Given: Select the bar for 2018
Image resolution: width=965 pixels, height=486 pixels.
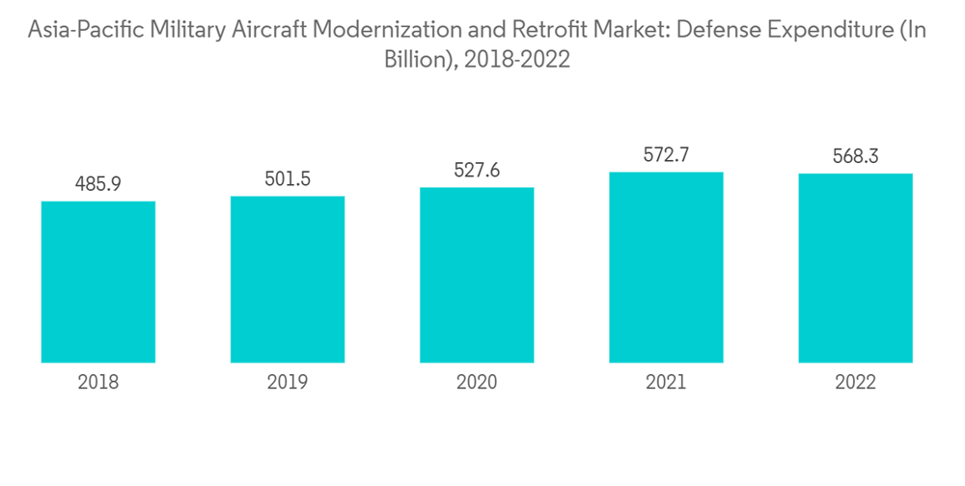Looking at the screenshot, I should [x=98, y=282].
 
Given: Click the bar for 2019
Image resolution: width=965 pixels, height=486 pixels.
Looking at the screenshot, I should [x=288, y=279].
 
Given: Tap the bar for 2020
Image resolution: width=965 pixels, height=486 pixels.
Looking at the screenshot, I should [x=477, y=275].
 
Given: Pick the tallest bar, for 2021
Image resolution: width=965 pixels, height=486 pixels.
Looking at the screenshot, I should [x=666, y=267].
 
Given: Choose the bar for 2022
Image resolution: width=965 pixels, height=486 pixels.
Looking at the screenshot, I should [x=855, y=268].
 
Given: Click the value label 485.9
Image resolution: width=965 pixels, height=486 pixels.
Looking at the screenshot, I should [x=98, y=183].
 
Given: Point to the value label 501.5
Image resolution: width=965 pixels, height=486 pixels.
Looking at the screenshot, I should [x=288, y=178].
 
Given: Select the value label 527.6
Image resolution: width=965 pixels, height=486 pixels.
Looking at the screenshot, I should [x=477, y=170].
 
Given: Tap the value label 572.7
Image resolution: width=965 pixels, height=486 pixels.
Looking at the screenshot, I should [x=666, y=154].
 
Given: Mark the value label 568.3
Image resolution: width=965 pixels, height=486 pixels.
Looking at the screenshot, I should [x=855, y=156].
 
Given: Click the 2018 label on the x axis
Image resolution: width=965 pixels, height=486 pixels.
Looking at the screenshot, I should [x=98, y=383].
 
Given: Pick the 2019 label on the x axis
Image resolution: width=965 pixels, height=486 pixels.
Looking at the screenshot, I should [x=288, y=383].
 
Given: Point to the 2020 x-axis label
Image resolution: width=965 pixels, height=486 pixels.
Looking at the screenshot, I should [x=477, y=383].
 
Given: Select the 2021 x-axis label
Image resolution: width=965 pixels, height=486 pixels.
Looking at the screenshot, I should [x=666, y=383].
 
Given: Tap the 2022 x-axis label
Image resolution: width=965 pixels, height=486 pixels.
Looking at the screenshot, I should [x=855, y=383].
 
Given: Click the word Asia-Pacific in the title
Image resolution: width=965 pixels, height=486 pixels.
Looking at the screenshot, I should [x=87, y=31].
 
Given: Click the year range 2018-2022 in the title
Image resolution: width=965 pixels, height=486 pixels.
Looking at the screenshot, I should [x=517, y=60].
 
